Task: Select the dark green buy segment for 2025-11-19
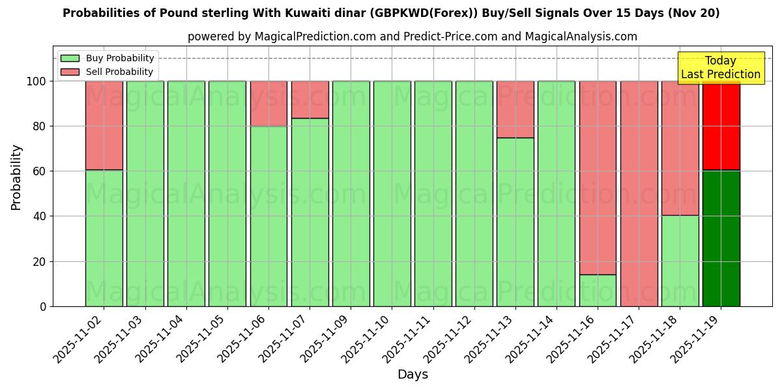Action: pos(721,238)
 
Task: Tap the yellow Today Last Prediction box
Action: pos(720,68)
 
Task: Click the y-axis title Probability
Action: pos(16,177)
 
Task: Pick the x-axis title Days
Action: pos(413,375)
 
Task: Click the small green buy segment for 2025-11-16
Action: pos(598,290)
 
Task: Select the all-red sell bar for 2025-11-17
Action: pos(639,194)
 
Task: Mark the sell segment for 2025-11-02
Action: pos(104,125)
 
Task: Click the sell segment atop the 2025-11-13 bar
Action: pos(515,109)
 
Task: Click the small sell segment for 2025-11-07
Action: pos(310,99)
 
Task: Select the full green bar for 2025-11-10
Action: pos(392,194)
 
